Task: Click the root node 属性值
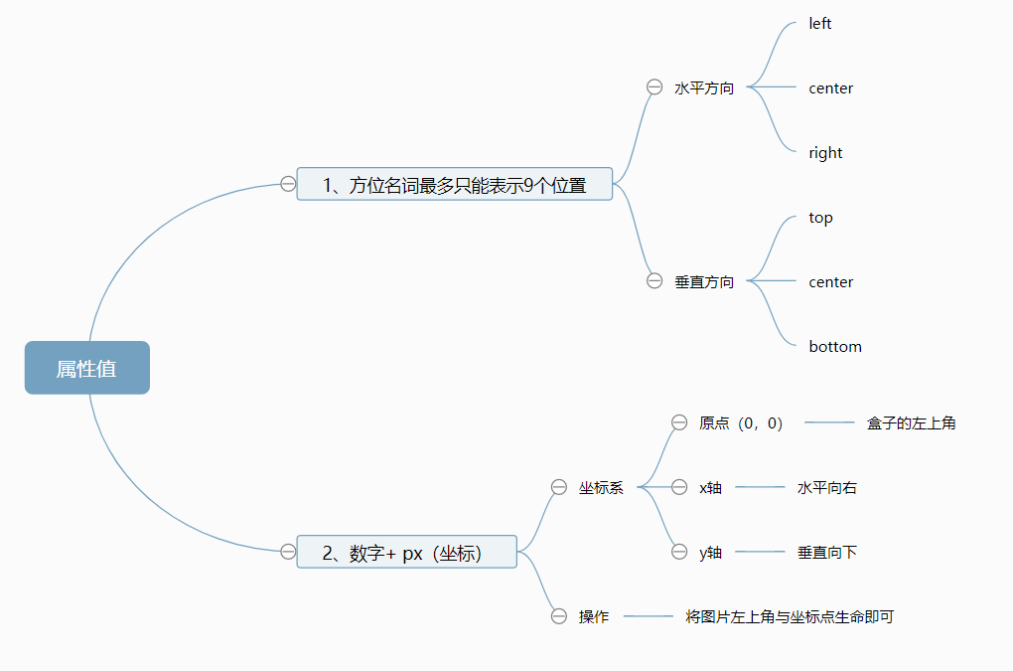click(x=87, y=368)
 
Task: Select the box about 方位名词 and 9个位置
click(x=455, y=184)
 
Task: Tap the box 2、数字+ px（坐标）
click(x=407, y=552)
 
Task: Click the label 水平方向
click(x=704, y=87)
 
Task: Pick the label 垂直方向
click(x=704, y=281)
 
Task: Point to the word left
click(x=820, y=24)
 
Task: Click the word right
click(x=825, y=153)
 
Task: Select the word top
click(x=820, y=218)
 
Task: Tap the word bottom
click(x=835, y=347)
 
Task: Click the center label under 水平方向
click(x=831, y=88)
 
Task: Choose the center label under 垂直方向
click(x=831, y=282)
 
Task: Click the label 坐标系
click(x=601, y=487)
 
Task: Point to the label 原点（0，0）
click(x=741, y=422)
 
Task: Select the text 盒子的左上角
click(x=911, y=422)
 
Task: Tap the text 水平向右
click(x=826, y=487)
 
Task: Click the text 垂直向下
click(x=826, y=552)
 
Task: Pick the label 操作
click(x=594, y=616)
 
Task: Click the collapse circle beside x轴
click(x=679, y=487)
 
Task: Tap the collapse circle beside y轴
click(x=679, y=552)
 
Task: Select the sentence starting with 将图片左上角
click(x=790, y=616)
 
